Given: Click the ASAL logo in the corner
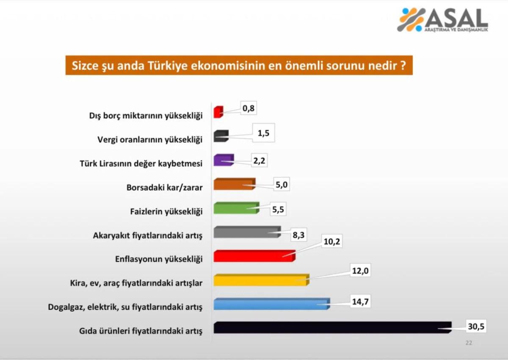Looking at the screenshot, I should [442, 20].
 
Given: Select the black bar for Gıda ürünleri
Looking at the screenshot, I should [332, 327].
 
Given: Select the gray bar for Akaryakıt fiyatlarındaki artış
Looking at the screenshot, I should [246, 232].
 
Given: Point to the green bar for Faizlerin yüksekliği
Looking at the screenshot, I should [236, 208].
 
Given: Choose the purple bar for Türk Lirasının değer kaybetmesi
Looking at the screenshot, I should [224, 160].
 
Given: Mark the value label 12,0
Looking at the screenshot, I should [360, 271].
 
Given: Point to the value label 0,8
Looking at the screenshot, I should [248, 108].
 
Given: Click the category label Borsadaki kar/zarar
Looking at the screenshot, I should [165, 187].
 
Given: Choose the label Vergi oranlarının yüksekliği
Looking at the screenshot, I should [149, 139].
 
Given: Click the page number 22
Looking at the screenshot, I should [469, 343].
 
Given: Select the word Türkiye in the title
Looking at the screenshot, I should [199, 66].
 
